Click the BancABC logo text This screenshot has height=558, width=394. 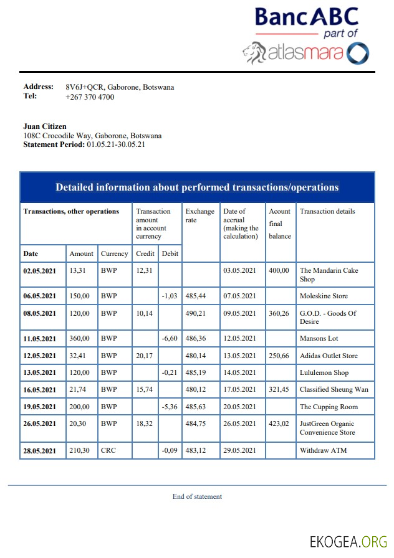pos(307,16)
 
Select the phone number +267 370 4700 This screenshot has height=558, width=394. pos(90,97)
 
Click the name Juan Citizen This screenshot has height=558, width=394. pos(45,126)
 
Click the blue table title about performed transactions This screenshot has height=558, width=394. pos(197,187)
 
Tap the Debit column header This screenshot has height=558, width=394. pos(169,254)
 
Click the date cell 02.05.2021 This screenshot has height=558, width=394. pos(39,270)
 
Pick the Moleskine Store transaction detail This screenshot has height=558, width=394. pos(324,296)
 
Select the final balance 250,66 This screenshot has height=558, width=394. pos(279,356)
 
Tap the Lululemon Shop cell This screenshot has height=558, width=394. pos(324,373)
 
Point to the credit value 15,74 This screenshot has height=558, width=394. pos(145,390)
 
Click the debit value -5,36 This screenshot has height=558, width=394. pos(170,407)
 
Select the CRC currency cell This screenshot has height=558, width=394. pos(108,450)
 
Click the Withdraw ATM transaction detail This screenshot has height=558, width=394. pos(323,450)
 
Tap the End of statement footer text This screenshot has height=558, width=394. pos(197,496)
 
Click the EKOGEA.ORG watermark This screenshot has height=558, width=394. pos(348,542)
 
